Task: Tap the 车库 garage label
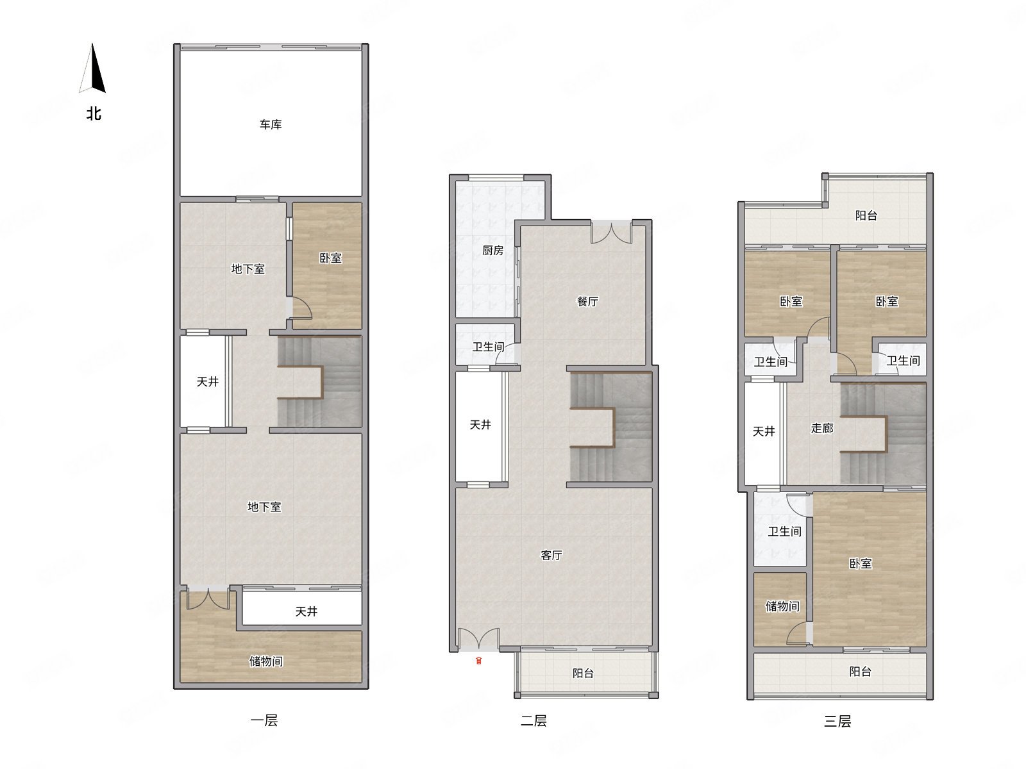(x=271, y=125)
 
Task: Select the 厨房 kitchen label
(x=492, y=251)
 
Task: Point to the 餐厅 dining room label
(x=587, y=302)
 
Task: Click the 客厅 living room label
(x=551, y=555)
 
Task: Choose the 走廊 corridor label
(x=821, y=428)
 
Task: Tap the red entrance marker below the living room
(x=478, y=661)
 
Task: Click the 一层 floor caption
(x=264, y=720)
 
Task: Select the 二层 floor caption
(x=534, y=721)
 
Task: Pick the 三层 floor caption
(x=837, y=722)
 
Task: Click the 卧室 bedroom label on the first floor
(x=330, y=258)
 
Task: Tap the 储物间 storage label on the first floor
(x=265, y=661)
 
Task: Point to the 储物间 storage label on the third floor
(x=782, y=606)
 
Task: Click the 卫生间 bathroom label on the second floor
(x=488, y=347)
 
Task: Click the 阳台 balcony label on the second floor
(x=583, y=674)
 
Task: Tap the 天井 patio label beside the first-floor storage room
(x=306, y=611)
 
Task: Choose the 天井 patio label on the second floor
(x=480, y=425)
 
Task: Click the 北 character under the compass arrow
(x=94, y=113)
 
